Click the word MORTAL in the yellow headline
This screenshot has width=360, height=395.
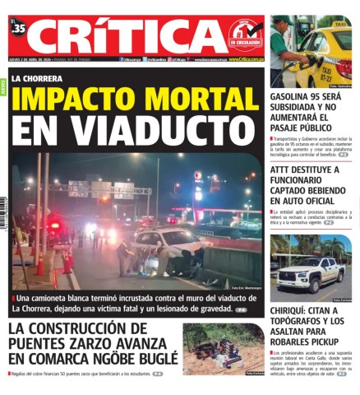tap(198, 100)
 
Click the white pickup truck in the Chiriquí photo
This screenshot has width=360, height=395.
tap(309, 274)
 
